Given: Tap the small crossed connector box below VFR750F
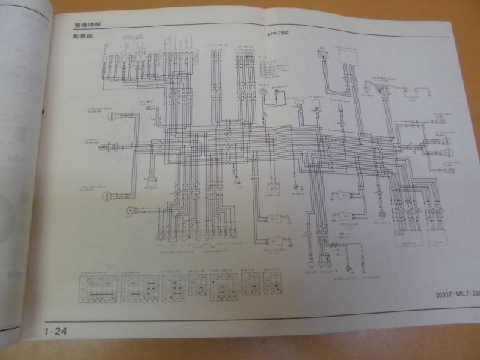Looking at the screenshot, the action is [323, 55].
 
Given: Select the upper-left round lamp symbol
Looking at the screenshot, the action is [112, 115].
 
